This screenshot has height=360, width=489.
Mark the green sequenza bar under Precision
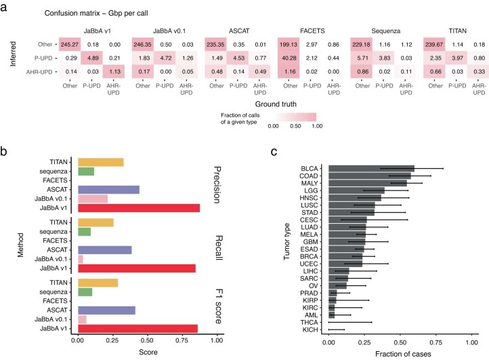click(86, 172)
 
